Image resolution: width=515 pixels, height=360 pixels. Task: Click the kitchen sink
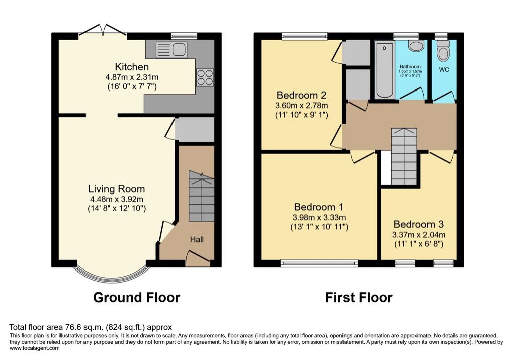point(171,49)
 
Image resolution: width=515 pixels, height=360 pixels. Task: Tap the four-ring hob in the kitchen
point(205,77)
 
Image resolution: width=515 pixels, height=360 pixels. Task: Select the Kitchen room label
point(132,67)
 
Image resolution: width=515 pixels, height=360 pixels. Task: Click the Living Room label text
point(117,189)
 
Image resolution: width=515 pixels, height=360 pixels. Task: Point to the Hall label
point(197,240)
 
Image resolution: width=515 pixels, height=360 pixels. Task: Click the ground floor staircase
point(201,197)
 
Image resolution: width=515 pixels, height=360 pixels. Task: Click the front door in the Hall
point(198,258)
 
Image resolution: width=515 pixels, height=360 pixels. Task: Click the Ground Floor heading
point(137,297)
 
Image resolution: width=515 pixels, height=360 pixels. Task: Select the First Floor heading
point(359,297)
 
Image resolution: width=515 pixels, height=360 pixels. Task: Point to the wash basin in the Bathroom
point(416,47)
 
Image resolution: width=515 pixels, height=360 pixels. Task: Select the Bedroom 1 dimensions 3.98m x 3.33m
point(319,217)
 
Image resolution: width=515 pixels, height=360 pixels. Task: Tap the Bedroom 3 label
point(419,224)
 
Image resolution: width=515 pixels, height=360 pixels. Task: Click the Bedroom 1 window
point(319,262)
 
